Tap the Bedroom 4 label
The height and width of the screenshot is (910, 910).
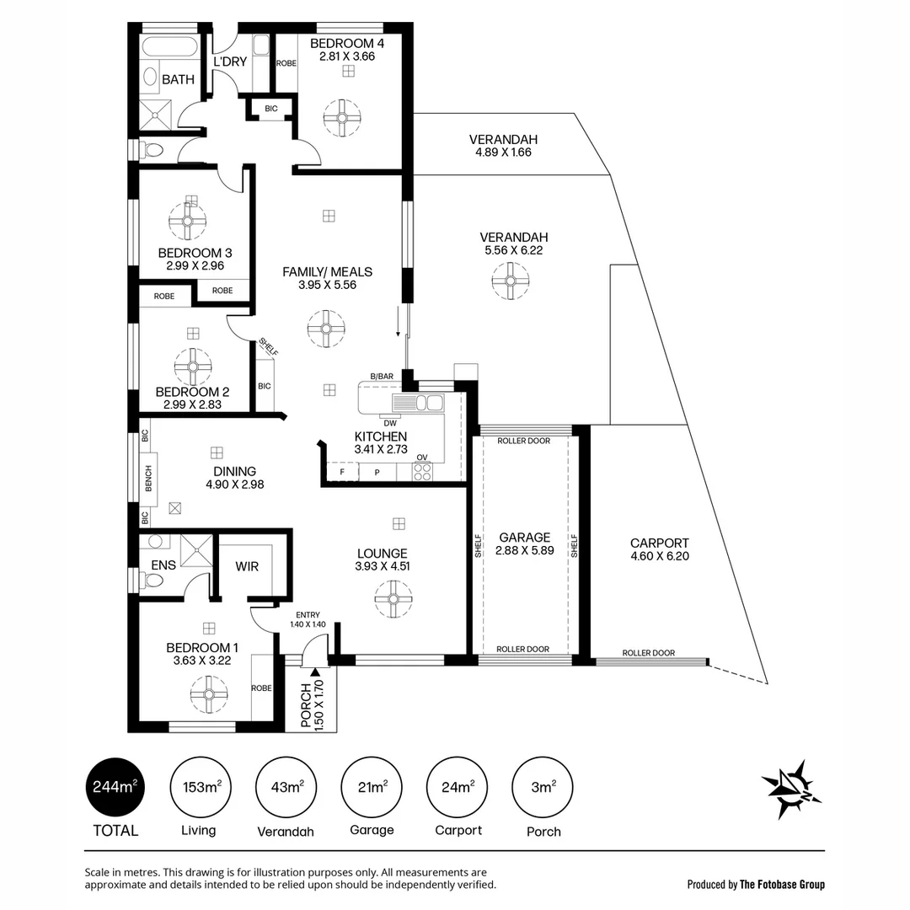[347, 44]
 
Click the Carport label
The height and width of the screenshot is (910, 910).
[659, 543]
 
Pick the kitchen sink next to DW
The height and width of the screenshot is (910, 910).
[426, 403]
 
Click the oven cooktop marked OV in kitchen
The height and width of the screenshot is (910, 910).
[422, 471]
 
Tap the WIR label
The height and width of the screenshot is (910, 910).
[247, 566]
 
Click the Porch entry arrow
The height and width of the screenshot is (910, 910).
[315, 672]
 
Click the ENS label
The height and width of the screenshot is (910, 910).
[163, 565]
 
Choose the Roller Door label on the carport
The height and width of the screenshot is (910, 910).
[648, 653]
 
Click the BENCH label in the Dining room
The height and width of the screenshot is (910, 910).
[148, 477]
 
